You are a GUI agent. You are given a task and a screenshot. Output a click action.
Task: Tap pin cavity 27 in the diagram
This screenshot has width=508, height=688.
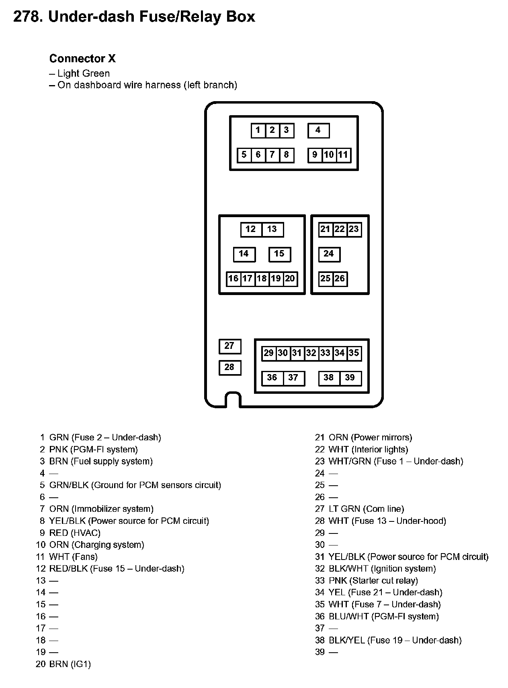[x=229, y=346]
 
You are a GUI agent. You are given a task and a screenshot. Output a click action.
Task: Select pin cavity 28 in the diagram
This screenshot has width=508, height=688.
[x=229, y=368]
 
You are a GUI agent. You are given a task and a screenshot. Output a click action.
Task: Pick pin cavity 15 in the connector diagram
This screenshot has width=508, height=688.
[x=279, y=254]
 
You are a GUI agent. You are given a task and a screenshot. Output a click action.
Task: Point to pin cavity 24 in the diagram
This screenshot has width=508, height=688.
[x=329, y=254]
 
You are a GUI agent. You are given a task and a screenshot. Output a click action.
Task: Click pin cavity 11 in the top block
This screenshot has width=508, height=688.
[x=343, y=155]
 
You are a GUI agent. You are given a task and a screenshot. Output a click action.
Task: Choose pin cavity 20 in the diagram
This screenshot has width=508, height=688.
[x=290, y=279]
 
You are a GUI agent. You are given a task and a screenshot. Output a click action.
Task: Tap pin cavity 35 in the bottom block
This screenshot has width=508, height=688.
[x=354, y=353]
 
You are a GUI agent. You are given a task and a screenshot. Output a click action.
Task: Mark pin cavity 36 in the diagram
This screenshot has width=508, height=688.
[x=272, y=378]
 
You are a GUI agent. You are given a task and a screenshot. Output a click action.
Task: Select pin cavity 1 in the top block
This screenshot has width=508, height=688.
[x=258, y=130]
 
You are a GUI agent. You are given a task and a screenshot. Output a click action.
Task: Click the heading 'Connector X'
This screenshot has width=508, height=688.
[x=82, y=59]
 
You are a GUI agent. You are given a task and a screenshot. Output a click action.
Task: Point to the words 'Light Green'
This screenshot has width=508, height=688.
[x=83, y=73]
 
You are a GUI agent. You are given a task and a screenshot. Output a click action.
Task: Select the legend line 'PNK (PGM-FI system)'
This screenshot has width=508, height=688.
[x=93, y=450]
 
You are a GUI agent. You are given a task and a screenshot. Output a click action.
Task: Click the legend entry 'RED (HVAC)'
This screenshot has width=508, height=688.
[x=75, y=533]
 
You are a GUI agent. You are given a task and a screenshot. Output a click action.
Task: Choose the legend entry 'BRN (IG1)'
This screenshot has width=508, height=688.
[x=70, y=664]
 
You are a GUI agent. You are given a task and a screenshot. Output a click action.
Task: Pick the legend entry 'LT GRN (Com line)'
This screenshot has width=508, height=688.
[x=366, y=509]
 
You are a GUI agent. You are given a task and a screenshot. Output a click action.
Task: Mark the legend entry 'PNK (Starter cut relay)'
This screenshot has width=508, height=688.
[x=373, y=580]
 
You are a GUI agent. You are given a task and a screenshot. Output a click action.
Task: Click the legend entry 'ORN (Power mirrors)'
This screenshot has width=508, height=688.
[x=370, y=438]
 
